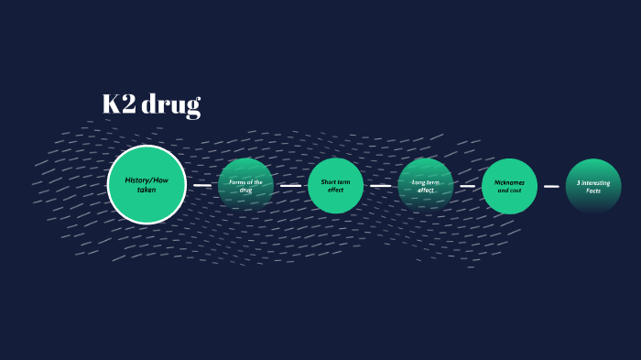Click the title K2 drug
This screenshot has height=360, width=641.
[151, 104]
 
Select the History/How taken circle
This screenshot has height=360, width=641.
[147, 184]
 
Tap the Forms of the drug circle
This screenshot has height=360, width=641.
[245, 186]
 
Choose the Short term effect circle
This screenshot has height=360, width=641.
[335, 186]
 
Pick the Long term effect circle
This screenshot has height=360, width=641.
[425, 186]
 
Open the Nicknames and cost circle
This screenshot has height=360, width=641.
[509, 186]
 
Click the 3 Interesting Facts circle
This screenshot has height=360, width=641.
[592, 186]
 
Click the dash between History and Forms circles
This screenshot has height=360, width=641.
[202, 185]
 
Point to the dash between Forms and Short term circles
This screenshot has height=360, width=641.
[290, 185]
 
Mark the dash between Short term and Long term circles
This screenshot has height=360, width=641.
[380, 185]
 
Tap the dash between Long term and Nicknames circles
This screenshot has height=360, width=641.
[467, 185]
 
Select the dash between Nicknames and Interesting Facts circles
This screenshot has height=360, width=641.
[551, 186]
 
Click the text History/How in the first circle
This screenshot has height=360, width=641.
[147, 180]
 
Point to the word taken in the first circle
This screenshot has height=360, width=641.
[147, 190]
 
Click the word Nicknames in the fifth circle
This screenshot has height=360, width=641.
[510, 182]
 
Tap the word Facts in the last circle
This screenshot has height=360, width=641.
[593, 191]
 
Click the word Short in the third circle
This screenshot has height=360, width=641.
[329, 182]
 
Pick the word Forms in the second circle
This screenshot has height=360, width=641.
[238, 182]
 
